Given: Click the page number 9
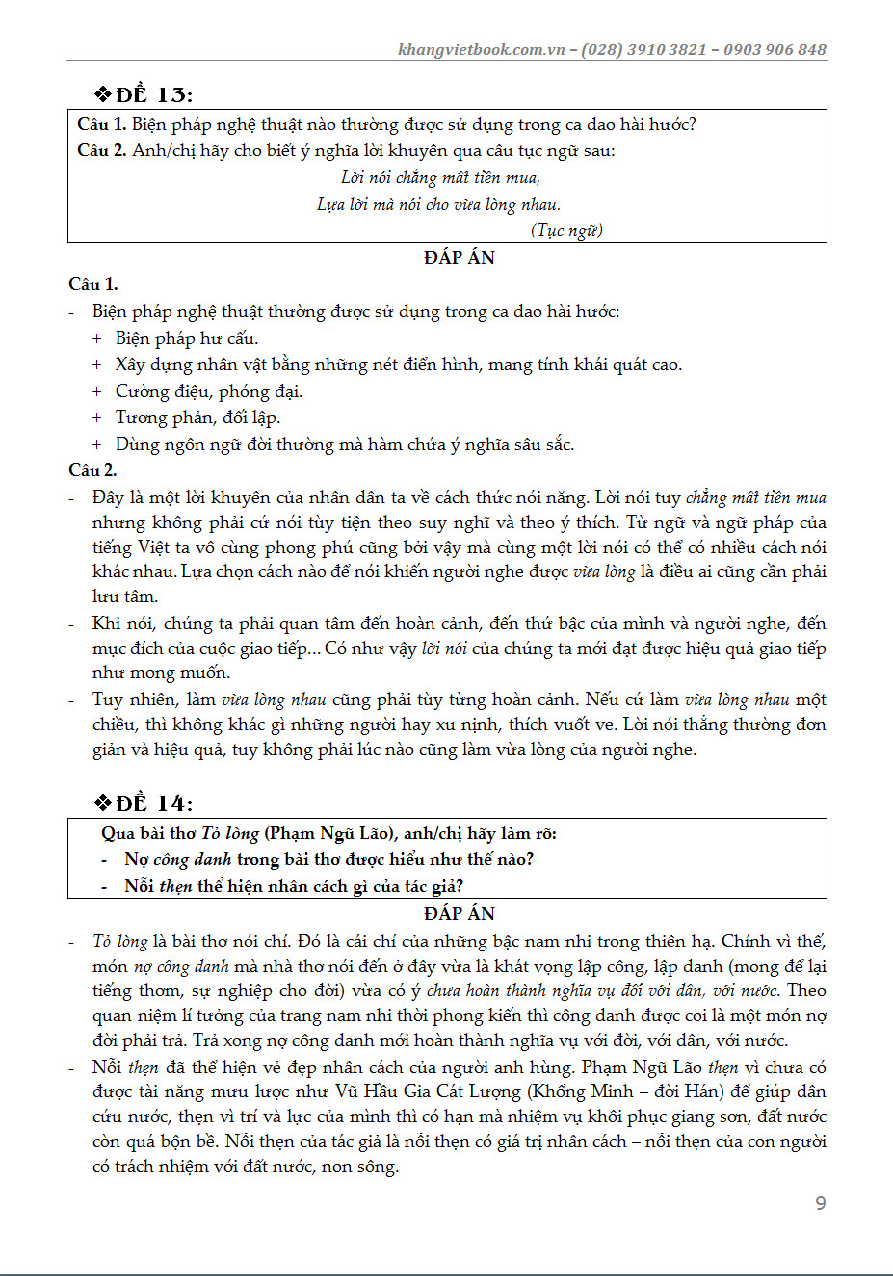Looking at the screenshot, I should coord(820,1203).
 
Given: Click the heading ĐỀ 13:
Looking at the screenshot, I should coord(154,95).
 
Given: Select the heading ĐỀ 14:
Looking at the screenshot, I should coord(154,804).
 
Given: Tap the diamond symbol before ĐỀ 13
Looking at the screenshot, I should coord(103,94).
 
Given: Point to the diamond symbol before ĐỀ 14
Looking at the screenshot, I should coord(103,803).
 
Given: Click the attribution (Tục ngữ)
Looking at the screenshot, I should coord(566,230).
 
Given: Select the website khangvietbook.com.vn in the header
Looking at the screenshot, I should coord(481,50).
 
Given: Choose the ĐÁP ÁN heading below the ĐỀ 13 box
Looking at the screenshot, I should coord(459,258).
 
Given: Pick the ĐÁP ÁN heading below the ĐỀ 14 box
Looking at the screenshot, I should coord(459,914).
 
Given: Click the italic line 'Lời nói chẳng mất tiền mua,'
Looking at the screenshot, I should coord(440,178).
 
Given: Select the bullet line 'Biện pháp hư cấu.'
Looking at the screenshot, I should coord(187,339).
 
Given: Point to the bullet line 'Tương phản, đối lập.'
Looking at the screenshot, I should coord(197,418).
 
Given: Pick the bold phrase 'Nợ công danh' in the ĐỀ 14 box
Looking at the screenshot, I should coord(178,860).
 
